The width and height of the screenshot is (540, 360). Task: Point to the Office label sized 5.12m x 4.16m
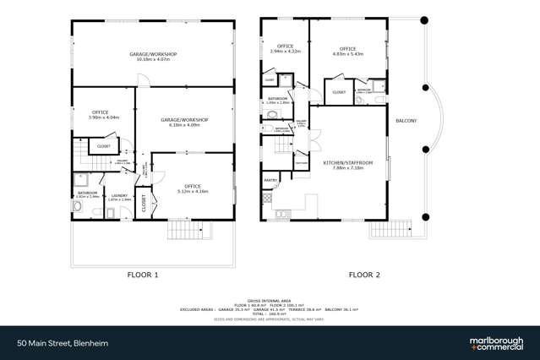tap(193, 188)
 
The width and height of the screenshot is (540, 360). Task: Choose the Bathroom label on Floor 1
tap(88, 194)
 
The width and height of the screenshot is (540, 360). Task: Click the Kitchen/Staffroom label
tap(342, 166)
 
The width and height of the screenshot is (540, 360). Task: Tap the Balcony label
tap(406, 121)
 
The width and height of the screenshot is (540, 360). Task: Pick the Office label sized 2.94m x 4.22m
tap(284, 48)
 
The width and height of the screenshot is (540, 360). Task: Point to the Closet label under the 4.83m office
tap(339, 92)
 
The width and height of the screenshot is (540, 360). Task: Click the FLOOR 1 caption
tap(143, 275)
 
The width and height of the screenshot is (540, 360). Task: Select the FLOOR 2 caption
tap(365, 275)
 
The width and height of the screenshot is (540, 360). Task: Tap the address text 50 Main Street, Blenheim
tap(61, 343)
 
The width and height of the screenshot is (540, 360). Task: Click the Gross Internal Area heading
tap(270, 300)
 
